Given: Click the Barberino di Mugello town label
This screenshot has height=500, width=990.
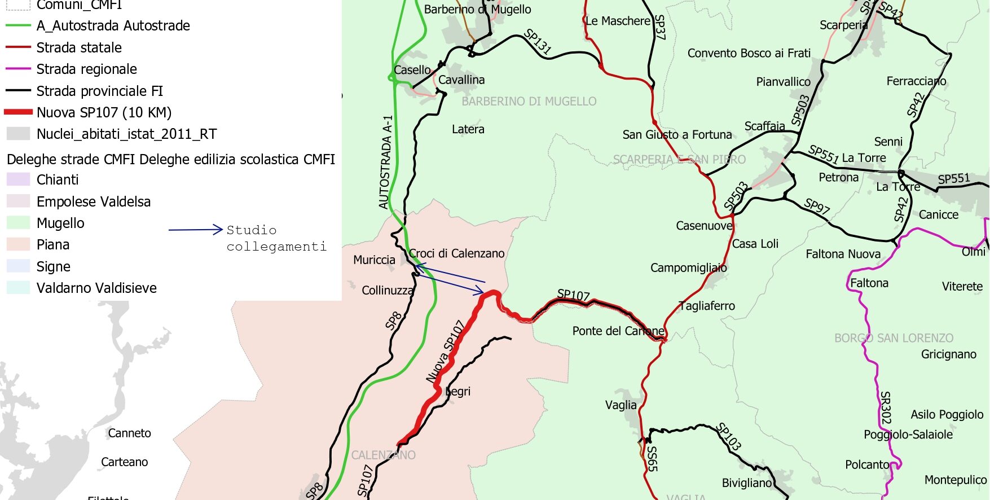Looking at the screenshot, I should [477, 10].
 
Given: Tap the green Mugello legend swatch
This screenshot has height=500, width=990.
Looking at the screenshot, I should [18, 223].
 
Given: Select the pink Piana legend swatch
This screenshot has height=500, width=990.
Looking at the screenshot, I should [18, 244].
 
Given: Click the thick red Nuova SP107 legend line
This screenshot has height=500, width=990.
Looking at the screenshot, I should [18, 112].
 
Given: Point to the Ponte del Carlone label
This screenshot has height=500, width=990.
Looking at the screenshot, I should [618, 331].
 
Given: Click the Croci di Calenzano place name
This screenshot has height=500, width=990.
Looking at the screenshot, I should [456, 253].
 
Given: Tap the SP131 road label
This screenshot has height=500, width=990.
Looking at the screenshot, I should [537, 41].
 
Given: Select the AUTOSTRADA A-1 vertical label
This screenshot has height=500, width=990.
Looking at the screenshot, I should [386, 163].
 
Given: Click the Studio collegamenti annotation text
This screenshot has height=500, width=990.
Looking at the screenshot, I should [276, 238].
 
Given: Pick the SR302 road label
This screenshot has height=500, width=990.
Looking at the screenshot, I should [886, 407].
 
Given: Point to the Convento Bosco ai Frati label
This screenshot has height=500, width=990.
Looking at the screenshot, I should [749, 53].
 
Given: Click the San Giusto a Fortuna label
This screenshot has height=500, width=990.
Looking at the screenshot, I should [677, 134].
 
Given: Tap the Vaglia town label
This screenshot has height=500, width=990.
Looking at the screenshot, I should [621, 405].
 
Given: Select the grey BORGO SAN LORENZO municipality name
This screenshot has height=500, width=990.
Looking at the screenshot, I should [894, 338].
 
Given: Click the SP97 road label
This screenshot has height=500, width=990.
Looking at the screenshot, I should [817, 206].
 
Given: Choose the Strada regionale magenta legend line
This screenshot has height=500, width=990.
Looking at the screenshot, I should [18, 69].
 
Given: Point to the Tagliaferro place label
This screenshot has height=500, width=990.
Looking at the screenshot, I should [707, 306].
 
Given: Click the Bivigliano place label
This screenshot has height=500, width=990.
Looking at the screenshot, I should [746, 483].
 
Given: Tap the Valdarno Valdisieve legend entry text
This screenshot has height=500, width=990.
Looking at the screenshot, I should [96, 288].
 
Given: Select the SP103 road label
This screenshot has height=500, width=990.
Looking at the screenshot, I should [728, 436].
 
